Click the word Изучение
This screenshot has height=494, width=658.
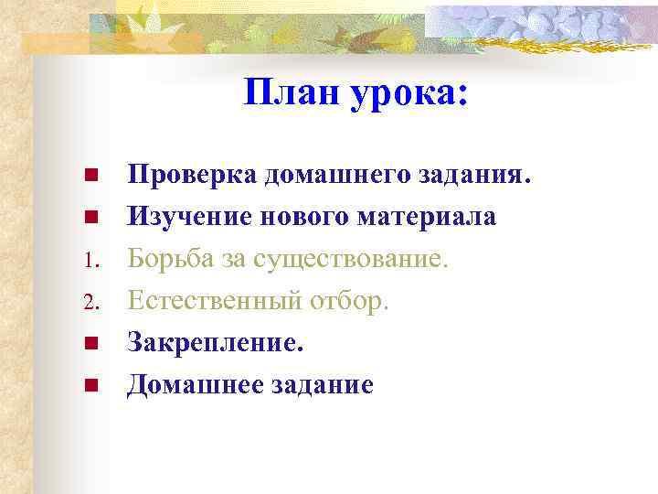pyautogui.click(x=189, y=217)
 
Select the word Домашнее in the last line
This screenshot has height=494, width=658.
pyautogui.click(x=191, y=385)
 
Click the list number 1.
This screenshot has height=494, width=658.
pyautogui.click(x=90, y=261)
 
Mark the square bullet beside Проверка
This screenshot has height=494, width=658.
pyautogui.click(x=90, y=175)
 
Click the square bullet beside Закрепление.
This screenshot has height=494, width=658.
pyautogui.click(x=90, y=344)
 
